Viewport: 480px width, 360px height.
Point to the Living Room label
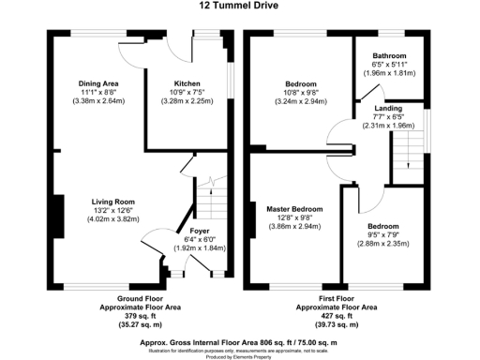(113, 201)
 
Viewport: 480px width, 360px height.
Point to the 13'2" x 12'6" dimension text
(113, 210)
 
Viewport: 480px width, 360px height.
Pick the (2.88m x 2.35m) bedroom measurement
(387, 244)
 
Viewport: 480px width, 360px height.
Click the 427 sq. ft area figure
(337, 315)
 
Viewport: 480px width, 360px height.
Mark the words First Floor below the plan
(337, 297)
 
